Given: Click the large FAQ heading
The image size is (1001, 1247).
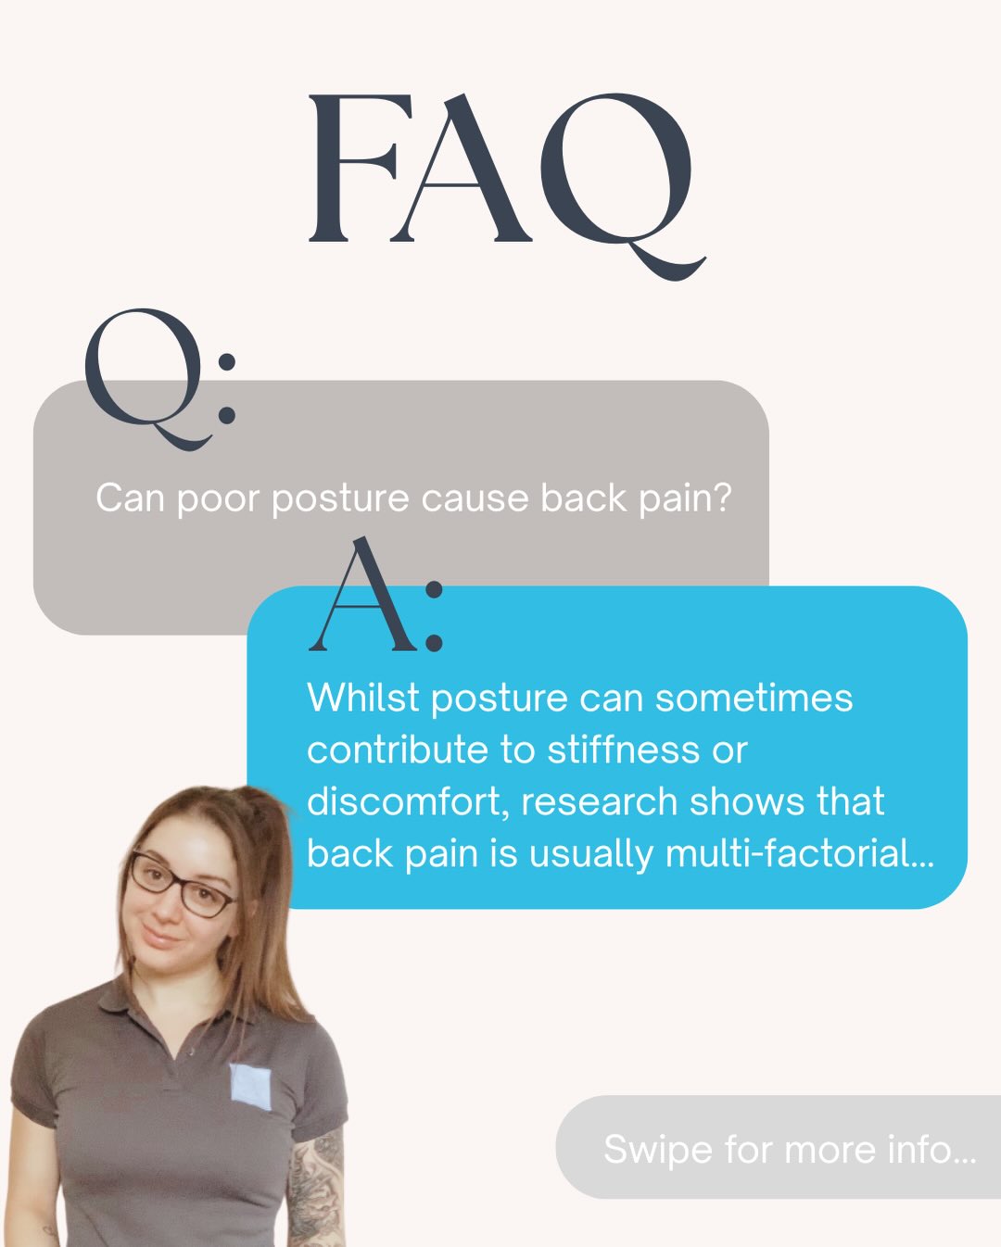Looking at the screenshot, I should click(x=500, y=171).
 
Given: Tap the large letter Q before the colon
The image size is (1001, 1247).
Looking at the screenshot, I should click(x=144, y=375).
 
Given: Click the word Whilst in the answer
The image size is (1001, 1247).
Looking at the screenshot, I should click(x=363, y=698).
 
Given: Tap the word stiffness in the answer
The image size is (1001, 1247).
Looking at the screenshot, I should click(x=630, y=749).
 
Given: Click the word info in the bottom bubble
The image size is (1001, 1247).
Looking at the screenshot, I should click(x=919, y=1150).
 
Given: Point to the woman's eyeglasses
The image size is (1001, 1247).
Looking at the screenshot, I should click(x=182, y=886).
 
